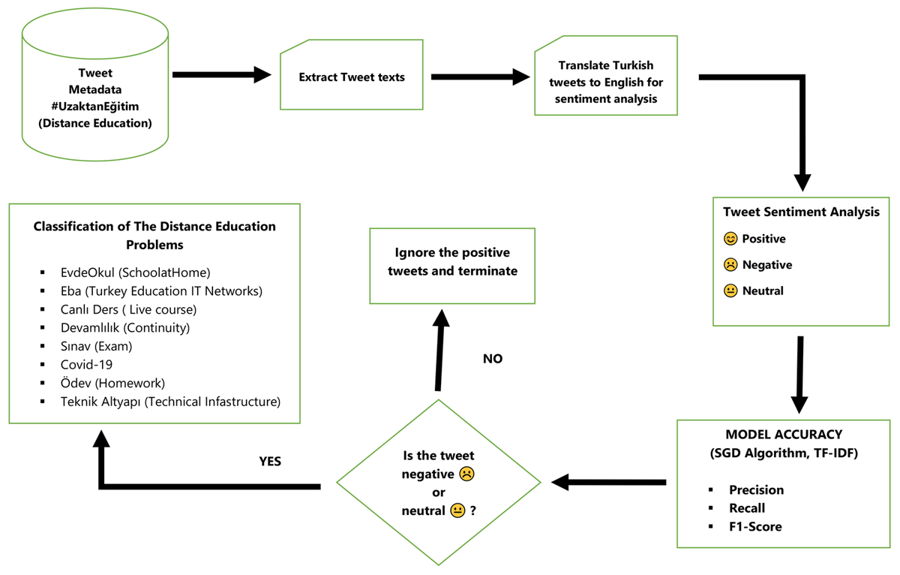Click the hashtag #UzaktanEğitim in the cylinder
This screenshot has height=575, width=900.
point(95,107)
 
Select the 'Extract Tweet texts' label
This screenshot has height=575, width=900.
point(352,77)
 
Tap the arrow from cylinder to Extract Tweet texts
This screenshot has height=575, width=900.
point(222,75)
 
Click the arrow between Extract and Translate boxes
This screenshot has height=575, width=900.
point(481,77)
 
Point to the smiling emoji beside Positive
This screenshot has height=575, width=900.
point(730,239)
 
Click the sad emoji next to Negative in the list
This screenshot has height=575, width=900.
point(730,264)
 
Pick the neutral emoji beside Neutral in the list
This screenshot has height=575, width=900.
point(730,291)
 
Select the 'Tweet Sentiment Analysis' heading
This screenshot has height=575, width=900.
point(801,212)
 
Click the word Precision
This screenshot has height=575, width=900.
point(756,489)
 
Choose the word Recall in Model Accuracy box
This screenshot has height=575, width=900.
point(747,508)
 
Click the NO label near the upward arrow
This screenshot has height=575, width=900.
point(493,359)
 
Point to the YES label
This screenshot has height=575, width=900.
point(270,461)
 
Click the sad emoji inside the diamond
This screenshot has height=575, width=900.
point(466,474)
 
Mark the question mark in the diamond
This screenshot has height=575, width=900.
point(473,510)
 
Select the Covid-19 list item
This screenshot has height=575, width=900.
point(86,365)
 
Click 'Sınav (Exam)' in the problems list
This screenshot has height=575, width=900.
point(97,346)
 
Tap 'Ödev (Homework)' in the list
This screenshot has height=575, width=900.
point(112,383)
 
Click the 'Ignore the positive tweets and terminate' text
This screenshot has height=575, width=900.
point(452,262)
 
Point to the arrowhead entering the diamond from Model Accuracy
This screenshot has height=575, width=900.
point(559,482)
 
